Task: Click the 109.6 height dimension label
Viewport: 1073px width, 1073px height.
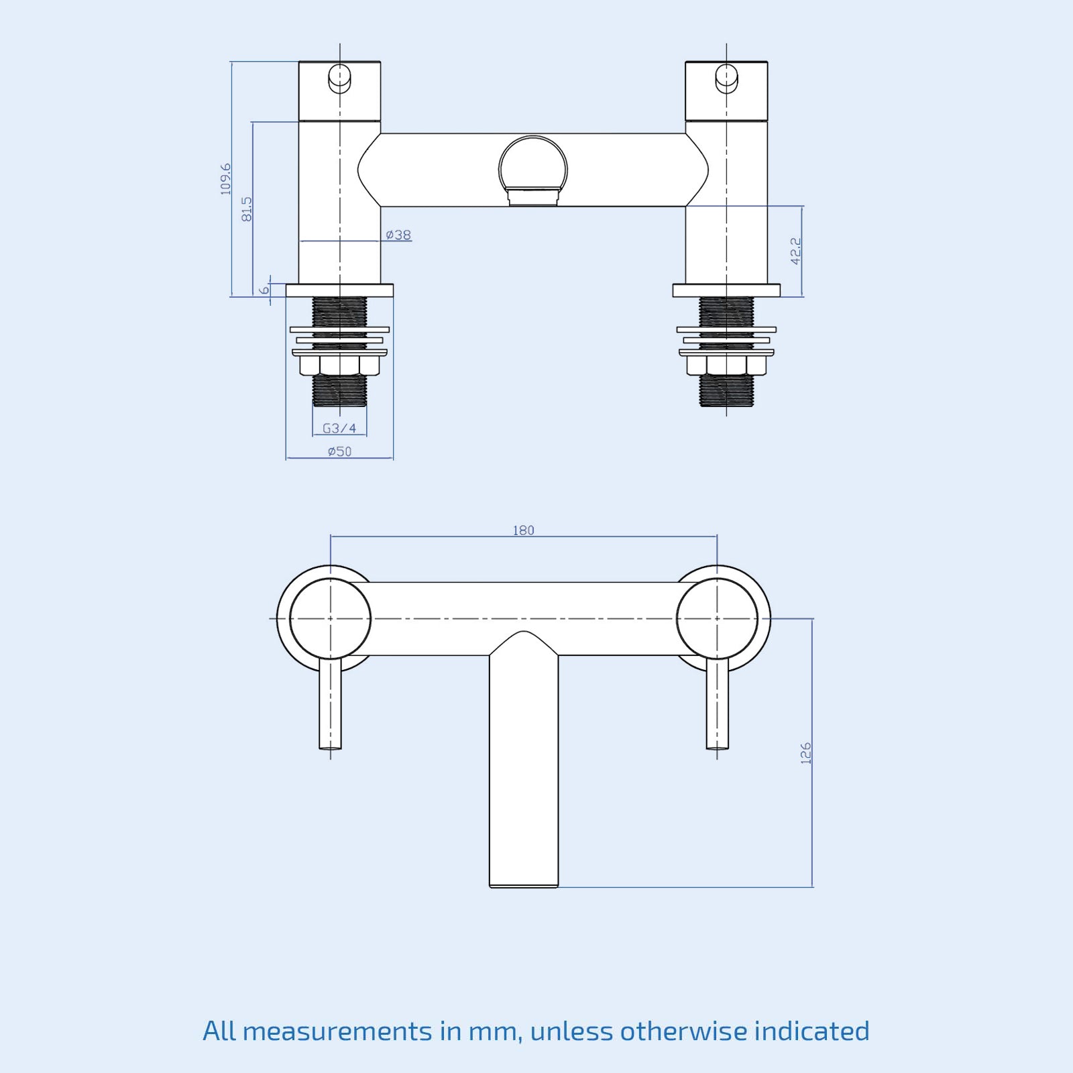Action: pyautogui.click(x=225, y=178)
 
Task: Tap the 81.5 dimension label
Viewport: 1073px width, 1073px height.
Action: pyautogui.click(x=247, y=209)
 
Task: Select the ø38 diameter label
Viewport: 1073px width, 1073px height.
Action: pyautogui.click(x=399, y=235)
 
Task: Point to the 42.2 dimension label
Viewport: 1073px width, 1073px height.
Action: pyautogui.click(x=795, y=251)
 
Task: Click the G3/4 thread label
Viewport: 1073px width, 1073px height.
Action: pyautogui.click(x=339, y=428)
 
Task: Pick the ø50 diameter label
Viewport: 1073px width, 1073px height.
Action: pyautogui.click(x=339, y=451)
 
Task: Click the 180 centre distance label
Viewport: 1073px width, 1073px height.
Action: pyautogui.click(x=523, y=530)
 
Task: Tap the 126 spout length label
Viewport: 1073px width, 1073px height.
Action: pyautogui.click(x=805, y=752)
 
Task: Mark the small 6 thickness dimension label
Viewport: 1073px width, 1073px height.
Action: pyautogui.click(x=264, y=290)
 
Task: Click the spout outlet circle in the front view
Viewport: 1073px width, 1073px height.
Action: pyautogui.click(x=533, y=168)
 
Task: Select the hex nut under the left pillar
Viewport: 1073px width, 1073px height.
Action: pyautogui.click(x=339, y=365)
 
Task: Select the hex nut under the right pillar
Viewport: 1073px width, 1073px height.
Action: pyautogui.click(x=726, y=365)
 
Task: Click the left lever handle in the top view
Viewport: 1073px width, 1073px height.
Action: pyautogui.click(x=330, y=704)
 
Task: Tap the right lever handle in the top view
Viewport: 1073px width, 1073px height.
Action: pyautogui.click(x=717, y=704)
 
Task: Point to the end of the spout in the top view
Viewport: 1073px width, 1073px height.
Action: pyautogui.click(x=524, y=879)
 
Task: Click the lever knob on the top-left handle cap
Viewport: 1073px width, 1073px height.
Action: pyautogui.click(x=339, y=78)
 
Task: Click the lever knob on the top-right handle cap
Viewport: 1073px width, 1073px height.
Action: pyautogui.click(x=726, y=78)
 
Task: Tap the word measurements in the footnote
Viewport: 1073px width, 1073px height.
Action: pyautogui.click(x=337, y=1031)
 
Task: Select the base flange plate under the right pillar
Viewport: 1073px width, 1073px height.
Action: pyautogui.click(x=726, y=290)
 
